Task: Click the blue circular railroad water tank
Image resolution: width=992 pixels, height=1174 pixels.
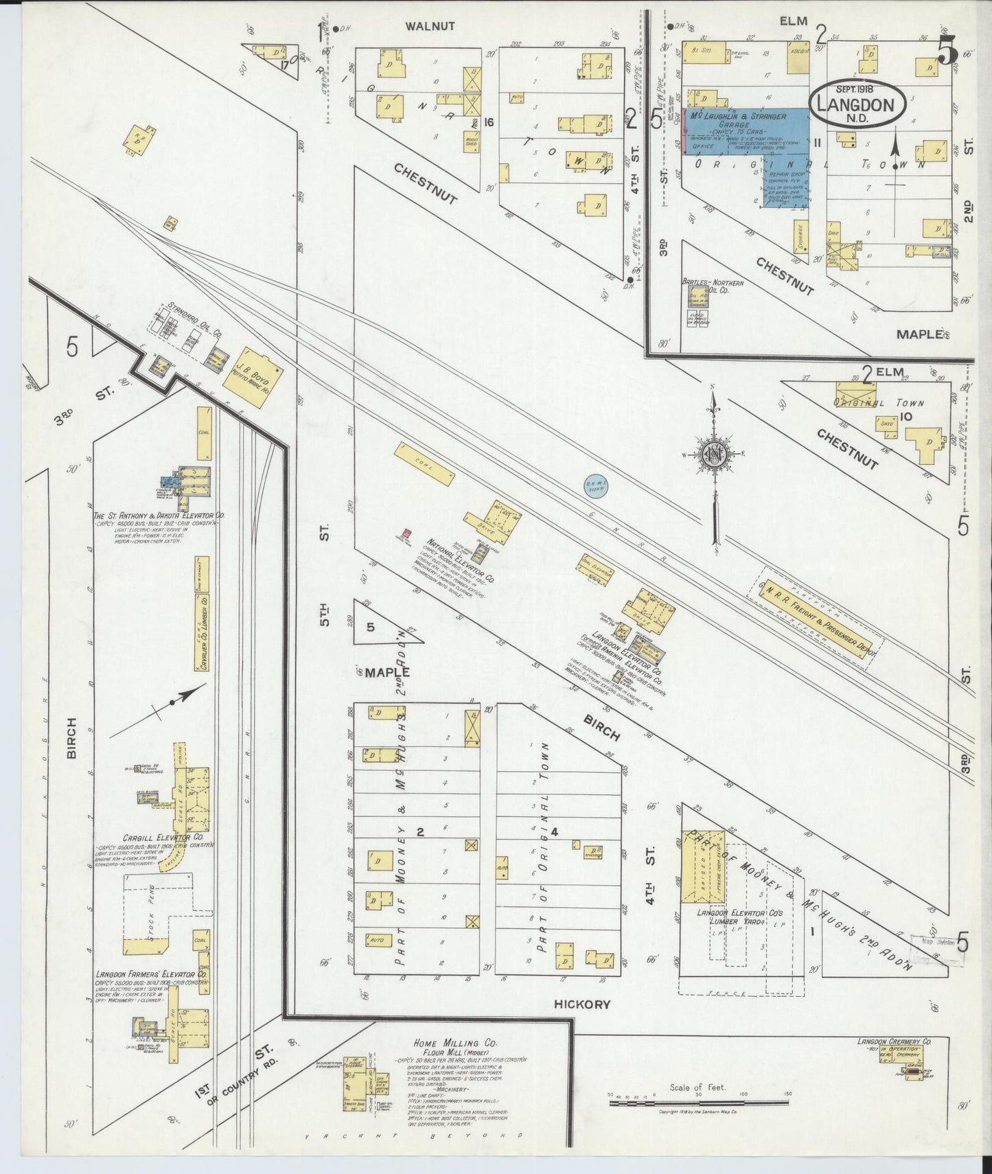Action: pyautogui.click(x=595, y=486)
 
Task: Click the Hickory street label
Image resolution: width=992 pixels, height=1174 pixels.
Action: pyautogui.click(x=582, y=1004)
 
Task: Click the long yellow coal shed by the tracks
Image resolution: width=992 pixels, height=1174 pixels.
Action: pyautogui.click(x=424, y=464)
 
